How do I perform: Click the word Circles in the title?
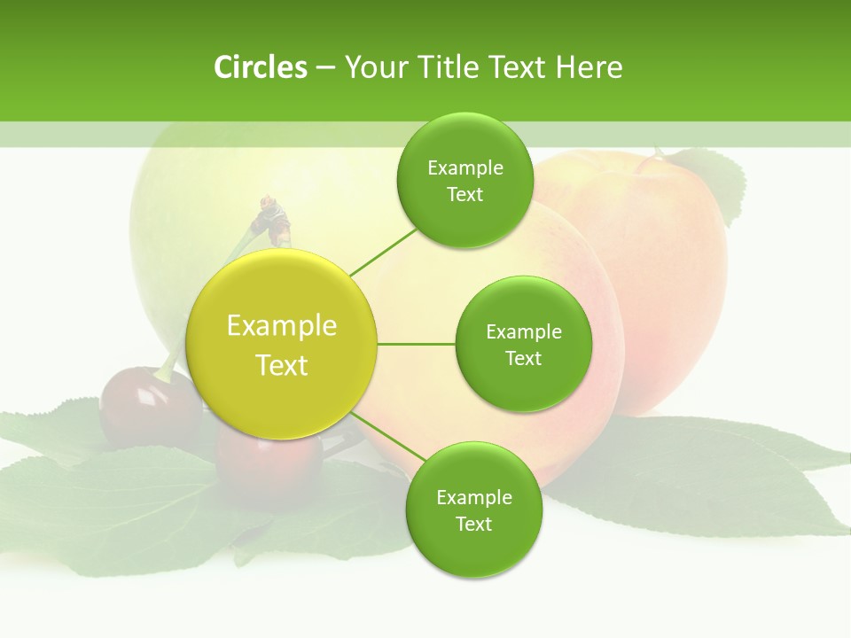260,67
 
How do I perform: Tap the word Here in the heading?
589,67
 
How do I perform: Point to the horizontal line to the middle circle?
417,344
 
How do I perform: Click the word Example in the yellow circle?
282,326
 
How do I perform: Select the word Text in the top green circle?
465,195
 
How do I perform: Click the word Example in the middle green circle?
523,332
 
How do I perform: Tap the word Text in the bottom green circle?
473,524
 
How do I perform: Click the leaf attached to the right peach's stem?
714,182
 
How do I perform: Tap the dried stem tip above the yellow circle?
275,217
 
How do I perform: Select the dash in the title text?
325,67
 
